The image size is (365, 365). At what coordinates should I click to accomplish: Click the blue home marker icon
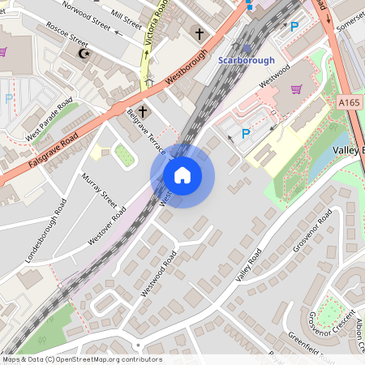(x=182, y=174)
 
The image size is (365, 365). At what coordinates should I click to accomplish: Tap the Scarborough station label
(x=247, y=60)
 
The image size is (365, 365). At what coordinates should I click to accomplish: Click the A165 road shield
(x=349, y=102)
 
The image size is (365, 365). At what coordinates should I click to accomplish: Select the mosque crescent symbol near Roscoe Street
(x=82, y=54)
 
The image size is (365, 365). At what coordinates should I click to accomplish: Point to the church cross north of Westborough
(x=200, y=34)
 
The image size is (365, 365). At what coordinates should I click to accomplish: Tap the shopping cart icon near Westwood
(x=296, y=89)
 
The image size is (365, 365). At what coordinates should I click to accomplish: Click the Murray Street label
(x=99, y=188)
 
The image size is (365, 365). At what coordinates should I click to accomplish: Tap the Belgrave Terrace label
(x=145, y=132)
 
